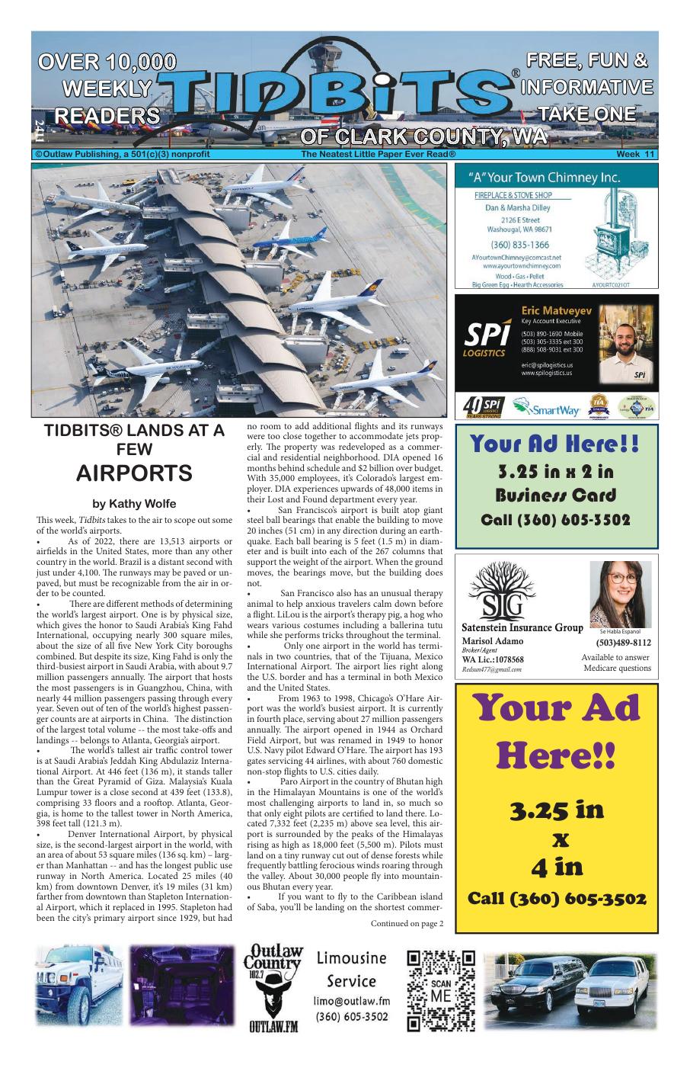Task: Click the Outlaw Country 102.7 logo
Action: pyautogui.click(x=273, y=988)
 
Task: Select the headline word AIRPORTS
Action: pyautogui.click(x=134, y=473)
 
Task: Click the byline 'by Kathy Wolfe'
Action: pyautogui.click(x=134, y=504)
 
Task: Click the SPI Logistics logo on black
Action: pyautogui.click(x=485, y=338)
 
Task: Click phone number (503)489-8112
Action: pyautogui.click(x=623, y=643)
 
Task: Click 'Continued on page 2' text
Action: pyautogui.click(x=407, y=924)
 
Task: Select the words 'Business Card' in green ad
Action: pyautogui.click(x=555, y=496)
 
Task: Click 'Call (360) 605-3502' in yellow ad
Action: pyautogui.click(x=556, y=898)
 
